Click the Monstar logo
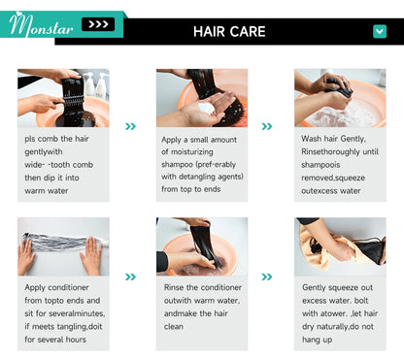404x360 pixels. point(41,25)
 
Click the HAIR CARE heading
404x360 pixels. point(229,32)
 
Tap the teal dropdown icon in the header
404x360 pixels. point(380,31)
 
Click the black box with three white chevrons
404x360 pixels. point(98,24)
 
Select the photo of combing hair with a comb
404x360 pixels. point(63,98)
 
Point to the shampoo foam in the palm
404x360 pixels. point(206,108)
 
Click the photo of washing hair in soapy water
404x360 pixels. point(340,98)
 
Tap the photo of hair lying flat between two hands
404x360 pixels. point(63,246)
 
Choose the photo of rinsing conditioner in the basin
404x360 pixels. point(202,246)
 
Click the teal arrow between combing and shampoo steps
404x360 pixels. point(130,126)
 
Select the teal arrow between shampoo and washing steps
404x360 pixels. point(267,126)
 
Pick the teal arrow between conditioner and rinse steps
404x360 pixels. point(130,277)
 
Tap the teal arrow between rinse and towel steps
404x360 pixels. point(267,277)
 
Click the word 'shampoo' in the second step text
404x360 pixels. point(177,165)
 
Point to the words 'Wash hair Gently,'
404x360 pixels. point(333,139)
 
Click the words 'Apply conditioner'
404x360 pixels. point(56,287)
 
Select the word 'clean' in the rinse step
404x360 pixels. point(174,326)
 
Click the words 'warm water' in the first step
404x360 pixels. point(47,191)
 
